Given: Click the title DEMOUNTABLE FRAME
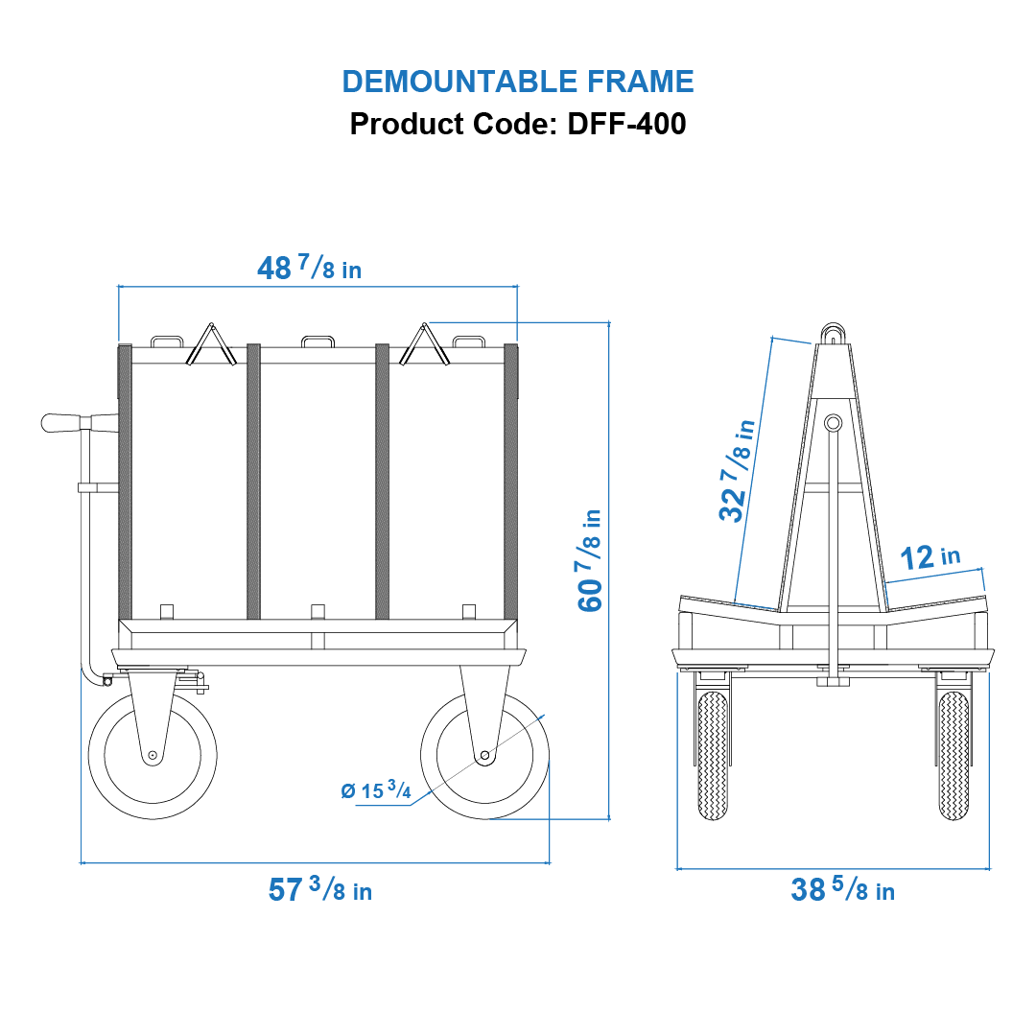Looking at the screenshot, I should coord(518,82).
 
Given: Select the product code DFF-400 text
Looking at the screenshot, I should coord(518,124).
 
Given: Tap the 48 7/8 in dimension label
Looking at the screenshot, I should coord(309,269).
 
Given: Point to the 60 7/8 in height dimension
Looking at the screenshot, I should coord(589,560).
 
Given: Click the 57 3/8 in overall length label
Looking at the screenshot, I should coord(319,890).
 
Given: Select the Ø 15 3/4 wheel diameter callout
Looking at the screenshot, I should coord(376,791).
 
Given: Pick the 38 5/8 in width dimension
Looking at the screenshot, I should coord(842,890).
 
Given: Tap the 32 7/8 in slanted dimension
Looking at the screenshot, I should coord(737,469).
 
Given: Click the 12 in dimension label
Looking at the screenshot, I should coord(930,556).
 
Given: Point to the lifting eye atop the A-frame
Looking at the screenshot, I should coord(832,334).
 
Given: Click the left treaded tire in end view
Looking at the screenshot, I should coord(713,756).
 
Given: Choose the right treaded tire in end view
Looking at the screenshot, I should coord(954,756).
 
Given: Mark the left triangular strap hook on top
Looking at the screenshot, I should coord(211,344).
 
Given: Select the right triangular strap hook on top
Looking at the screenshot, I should coord(424,344).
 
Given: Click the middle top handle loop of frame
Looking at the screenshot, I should coord(318,341).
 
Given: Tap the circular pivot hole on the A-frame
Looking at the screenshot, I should coord(832,422).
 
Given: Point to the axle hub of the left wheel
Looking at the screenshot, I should coord(152,756).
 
